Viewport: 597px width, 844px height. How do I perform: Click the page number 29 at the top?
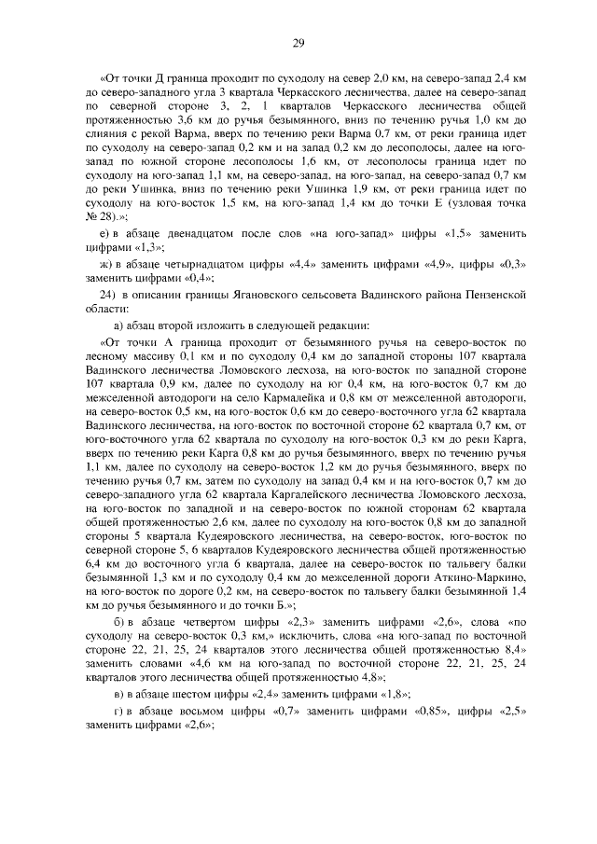[298, 41]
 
